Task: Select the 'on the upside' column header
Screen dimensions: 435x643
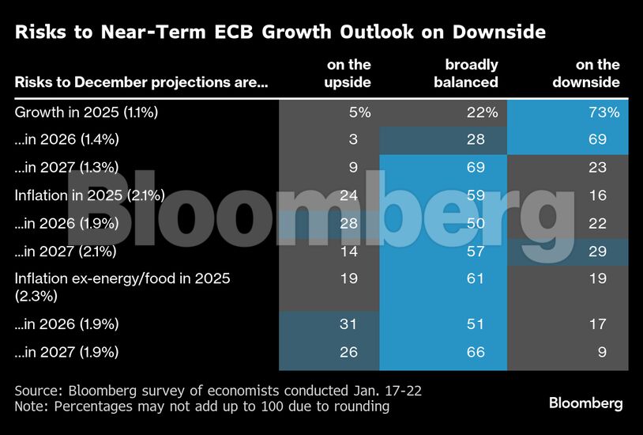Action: coord(348,73)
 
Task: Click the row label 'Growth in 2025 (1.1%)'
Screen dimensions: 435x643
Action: coord(87,112)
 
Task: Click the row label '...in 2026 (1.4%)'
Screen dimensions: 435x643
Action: coord(66,140)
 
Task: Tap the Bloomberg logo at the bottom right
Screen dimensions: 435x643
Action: coord(585,403)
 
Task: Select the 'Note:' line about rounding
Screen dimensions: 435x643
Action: coord(202,407)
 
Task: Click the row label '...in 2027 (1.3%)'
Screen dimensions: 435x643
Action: coord(66,167)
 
